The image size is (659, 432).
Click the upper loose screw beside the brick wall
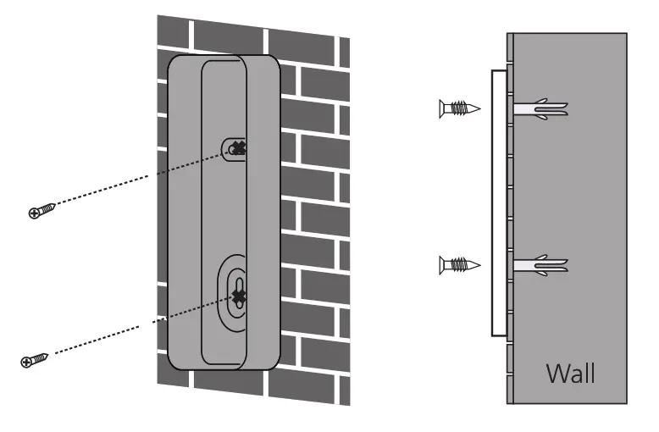(x=42, y=209)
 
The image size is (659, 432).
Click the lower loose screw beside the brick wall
(x=35, y=360)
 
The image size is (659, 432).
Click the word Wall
(x=570, y=372)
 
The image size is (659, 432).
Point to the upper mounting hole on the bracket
(x=235, y=148)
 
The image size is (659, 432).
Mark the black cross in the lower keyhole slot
(x=240, y=296)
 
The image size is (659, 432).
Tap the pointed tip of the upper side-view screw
(x=479, y=108)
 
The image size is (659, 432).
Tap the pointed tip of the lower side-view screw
(x=479, y=266)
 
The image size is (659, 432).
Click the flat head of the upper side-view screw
(x=442, y=108)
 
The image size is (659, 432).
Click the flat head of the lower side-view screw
(x=442, y=266)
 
